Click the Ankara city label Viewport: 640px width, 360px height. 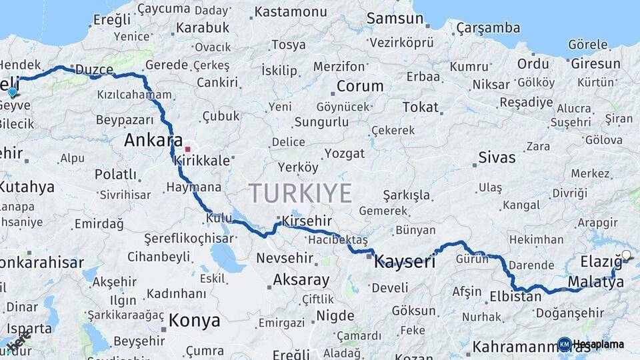pyautogui.click(x=153, y=141)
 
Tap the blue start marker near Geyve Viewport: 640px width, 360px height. pyautogui.click(x=12, y=91)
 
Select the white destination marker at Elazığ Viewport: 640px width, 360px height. pyautogui.click(x=625, y=255)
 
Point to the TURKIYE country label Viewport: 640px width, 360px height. pyautogui.click(x=300, y=193)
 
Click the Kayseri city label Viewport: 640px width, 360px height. pyautogui.click(x=405, y=261)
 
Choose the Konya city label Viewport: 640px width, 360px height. pyautogui.click(x=194, y=320)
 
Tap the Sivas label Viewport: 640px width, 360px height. pyautogui.click(x=497, y=158)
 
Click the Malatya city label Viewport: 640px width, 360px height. pyautogui.click(x=595, y=283)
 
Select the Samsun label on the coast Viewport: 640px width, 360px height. pyautogui.click(x=395, y=19)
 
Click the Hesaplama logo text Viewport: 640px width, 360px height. pyautogui.click(x=598, y=344)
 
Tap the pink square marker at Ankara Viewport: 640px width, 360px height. pyautogui.click(x=188, y=149)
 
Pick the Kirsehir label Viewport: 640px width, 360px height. pyautogui.click(x=307, y=221)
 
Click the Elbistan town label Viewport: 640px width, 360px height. pyautogui.click(x=515, y=297)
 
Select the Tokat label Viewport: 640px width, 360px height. pyautogui.click(x=421, y=107)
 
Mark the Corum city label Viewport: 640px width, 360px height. pyautogui.click(x=360, y=86)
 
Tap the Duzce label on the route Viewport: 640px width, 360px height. pyautogui.click(x=94, y=69)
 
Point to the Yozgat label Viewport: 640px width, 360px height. pyautogui.click(x=345, y=153)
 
